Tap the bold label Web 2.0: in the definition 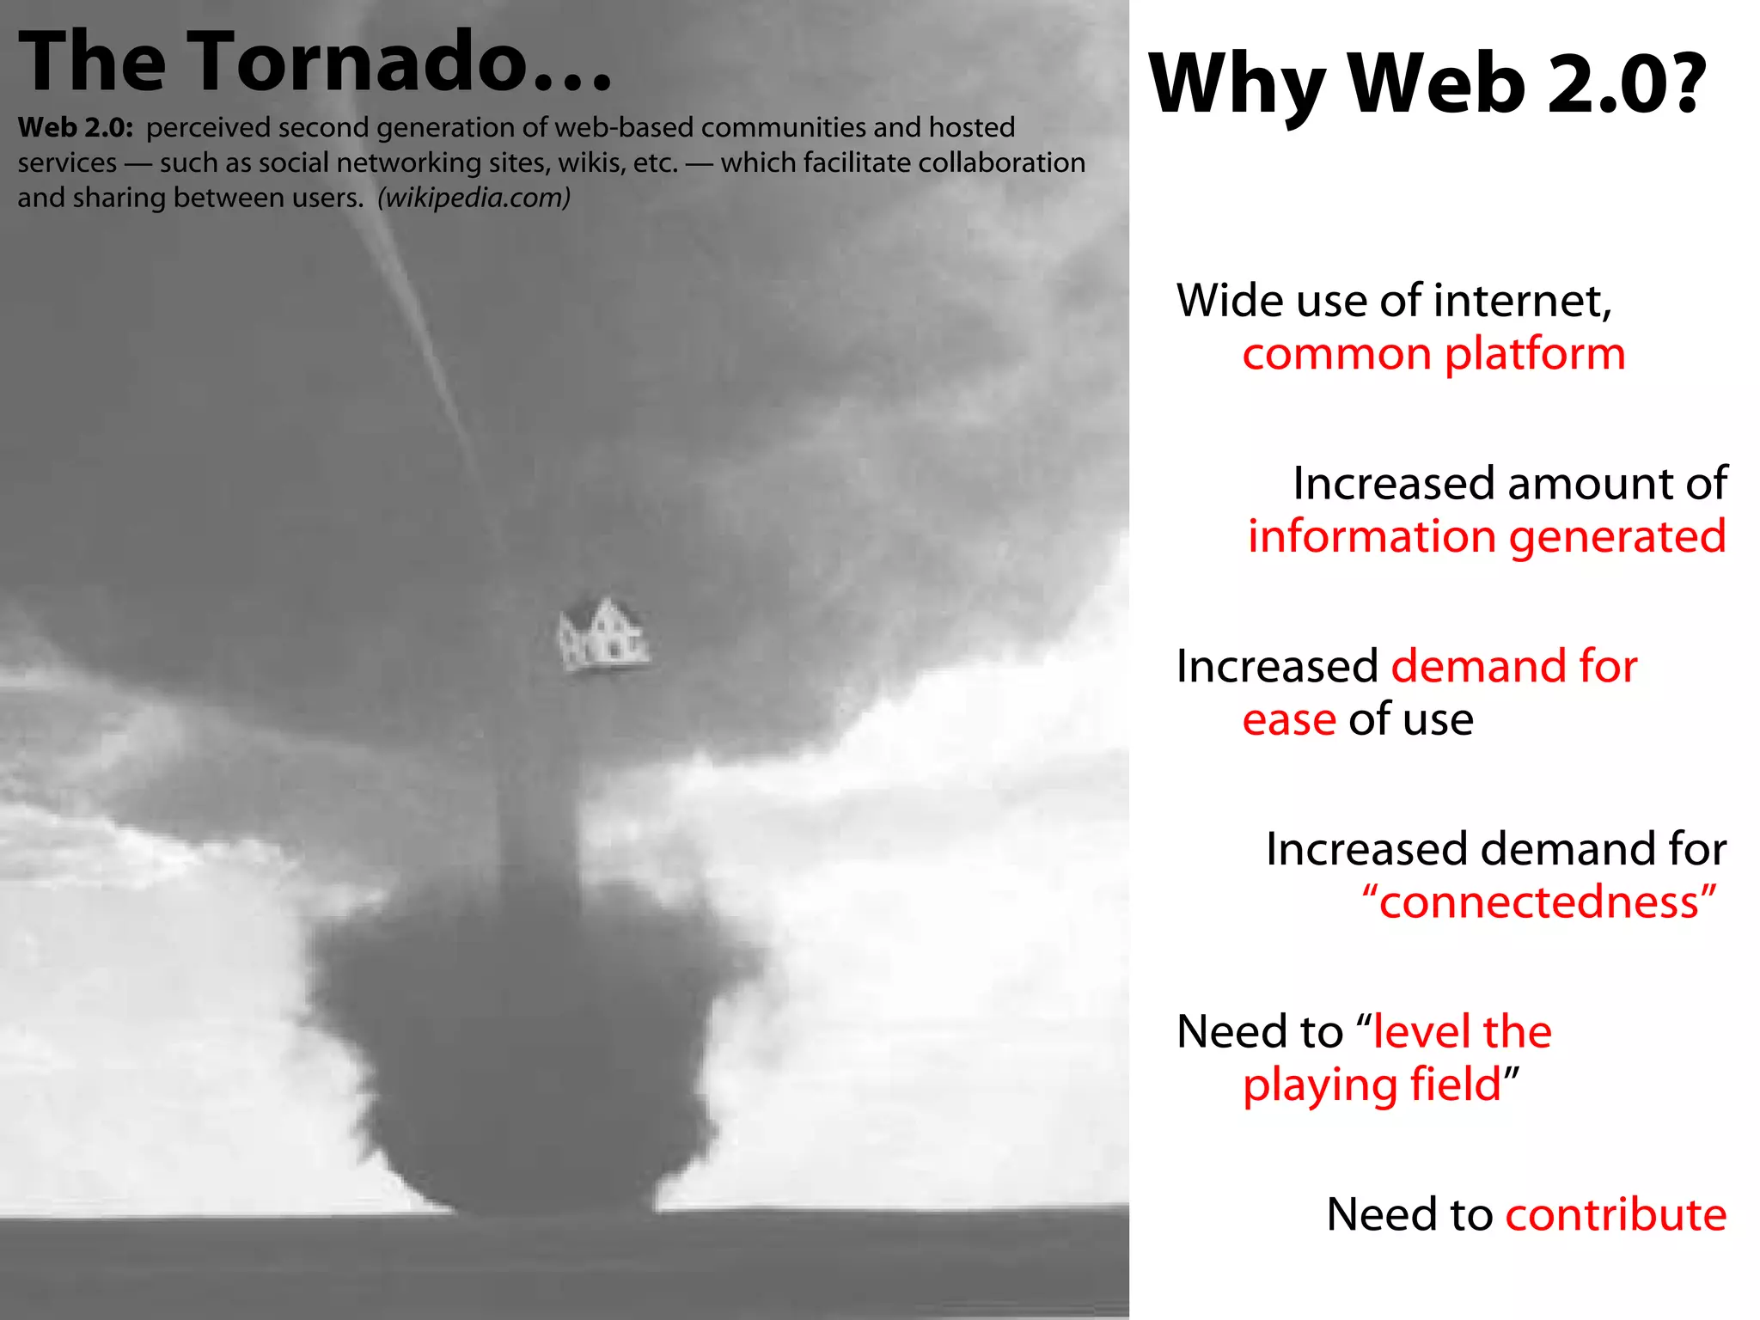click(x=76, y=127)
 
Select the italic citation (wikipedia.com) click(x=474, y=198)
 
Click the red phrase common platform click(x=1433, y=354)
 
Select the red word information click(x=1372, y=536)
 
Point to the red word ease click(x=1288, y=720)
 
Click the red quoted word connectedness click(x=1539, y=902)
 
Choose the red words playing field click(x=1372, y=1085)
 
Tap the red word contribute click(x=1616, y=1214)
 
